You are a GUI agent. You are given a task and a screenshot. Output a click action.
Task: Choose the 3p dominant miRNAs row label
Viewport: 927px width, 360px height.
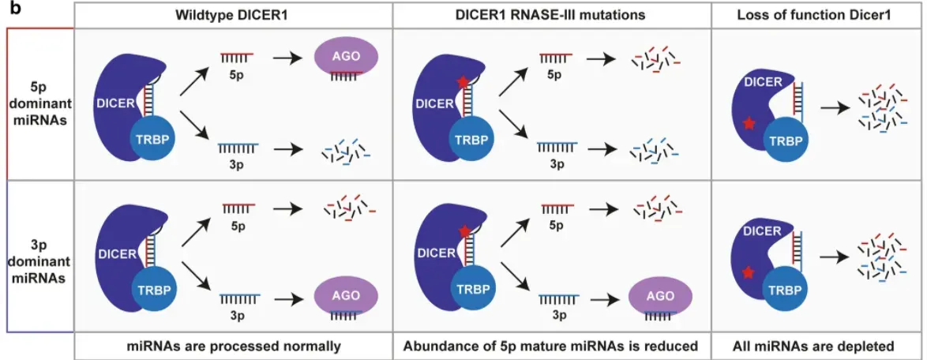tap(39, 257)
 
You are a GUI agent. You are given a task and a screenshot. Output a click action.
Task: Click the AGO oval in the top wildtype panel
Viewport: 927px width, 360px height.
tap(347, 58)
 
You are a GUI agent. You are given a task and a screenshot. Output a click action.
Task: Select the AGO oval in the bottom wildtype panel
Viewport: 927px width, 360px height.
tap(347, 299)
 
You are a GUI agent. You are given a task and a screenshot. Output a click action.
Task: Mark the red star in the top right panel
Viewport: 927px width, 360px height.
tap(748, 124)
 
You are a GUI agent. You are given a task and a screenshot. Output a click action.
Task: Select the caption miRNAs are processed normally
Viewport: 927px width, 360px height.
tap(234, 346)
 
